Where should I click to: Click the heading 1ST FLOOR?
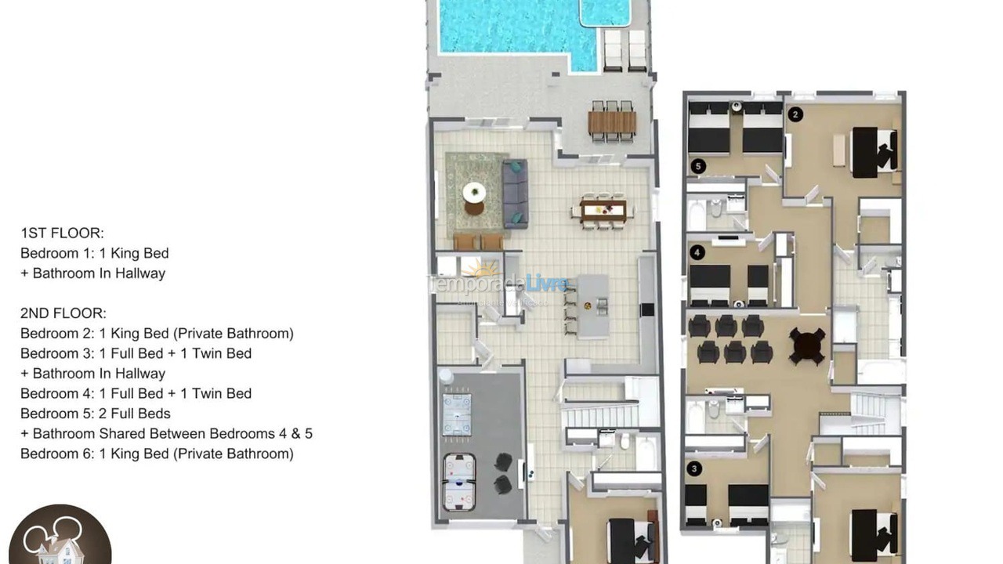tap(62, 233)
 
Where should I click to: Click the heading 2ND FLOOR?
tap(63, 313)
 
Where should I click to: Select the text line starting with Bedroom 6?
tap(157, 454)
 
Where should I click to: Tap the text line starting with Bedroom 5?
tap(96, 414)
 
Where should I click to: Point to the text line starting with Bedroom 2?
tap(157, 334)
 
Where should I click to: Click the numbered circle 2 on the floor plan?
tap(795, 114)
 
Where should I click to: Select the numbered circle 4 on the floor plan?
tap(697, 252)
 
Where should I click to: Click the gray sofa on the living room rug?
tap(514, 193)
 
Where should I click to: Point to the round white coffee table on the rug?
tap(474, 192)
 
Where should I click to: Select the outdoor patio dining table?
tap(612, 122)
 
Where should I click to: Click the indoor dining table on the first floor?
tap(603, 210)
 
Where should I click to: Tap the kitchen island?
tap(593, 305)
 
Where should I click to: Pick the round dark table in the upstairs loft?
tap(807, 345)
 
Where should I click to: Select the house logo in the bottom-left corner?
tap(60, 537)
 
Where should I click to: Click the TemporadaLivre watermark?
tap(498, 283)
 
